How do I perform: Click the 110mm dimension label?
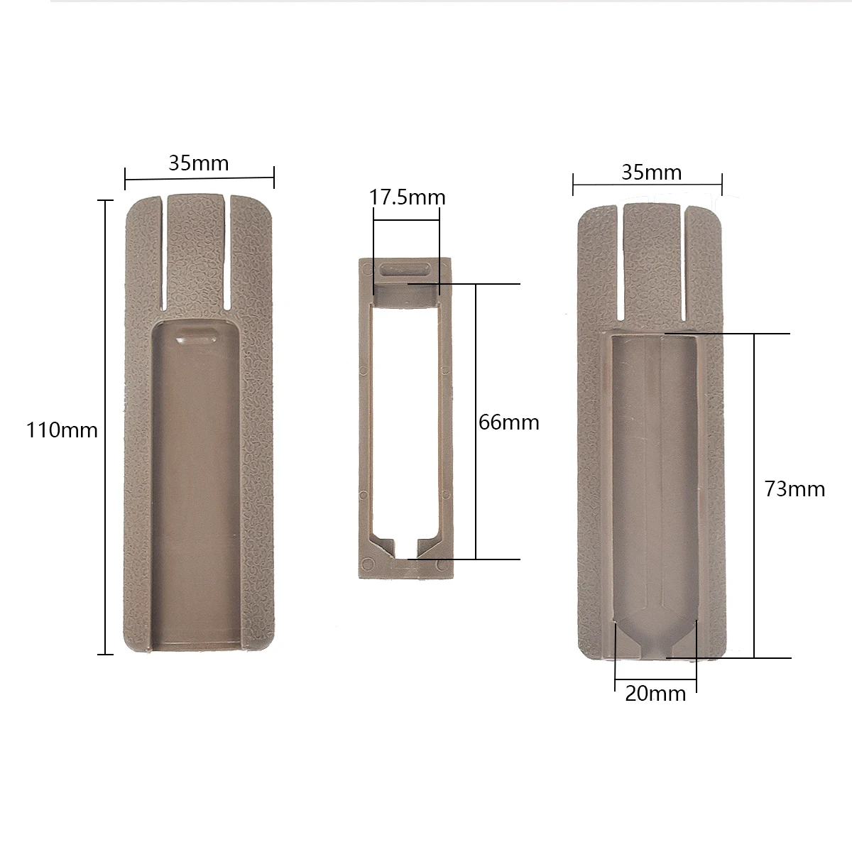(x=62, y=430)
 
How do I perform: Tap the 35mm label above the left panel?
(x=198, y=163)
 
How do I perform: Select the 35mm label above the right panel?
(x=651, y=173)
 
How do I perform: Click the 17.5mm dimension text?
(x=407, y=197)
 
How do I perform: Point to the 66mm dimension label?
(x=508, y=422)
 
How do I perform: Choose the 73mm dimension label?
(x=794, y=489)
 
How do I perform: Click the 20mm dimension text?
(x=655, y=694)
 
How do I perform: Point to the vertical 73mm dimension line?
(x=755, y=497)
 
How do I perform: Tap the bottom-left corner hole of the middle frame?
(x=367, y=563)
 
